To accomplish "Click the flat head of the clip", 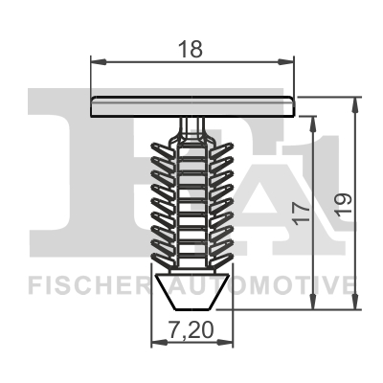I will pos(191,105).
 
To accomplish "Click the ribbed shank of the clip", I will pos(191,201).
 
